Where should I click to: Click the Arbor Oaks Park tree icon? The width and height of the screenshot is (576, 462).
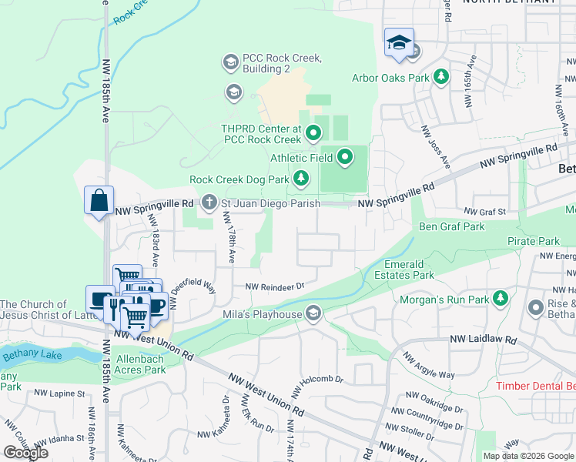(441, 76)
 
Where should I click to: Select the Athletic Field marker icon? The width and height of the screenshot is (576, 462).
(345, 159)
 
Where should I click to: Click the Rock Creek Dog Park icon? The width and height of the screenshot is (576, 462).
(301, 179)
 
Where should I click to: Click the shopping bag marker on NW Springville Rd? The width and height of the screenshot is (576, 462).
(99, 202)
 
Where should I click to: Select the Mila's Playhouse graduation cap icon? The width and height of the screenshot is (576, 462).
(313, 313)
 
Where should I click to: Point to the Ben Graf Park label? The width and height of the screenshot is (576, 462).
(451, 227)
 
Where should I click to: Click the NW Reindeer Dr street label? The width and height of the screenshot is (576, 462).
(276, 286)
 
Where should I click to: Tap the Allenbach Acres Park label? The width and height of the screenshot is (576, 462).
(140, 364)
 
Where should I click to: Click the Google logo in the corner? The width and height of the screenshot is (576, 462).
(25, 453)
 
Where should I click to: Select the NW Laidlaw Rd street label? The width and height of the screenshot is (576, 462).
(479, 339)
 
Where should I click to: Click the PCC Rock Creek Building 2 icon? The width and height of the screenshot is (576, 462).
(230, 61)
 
